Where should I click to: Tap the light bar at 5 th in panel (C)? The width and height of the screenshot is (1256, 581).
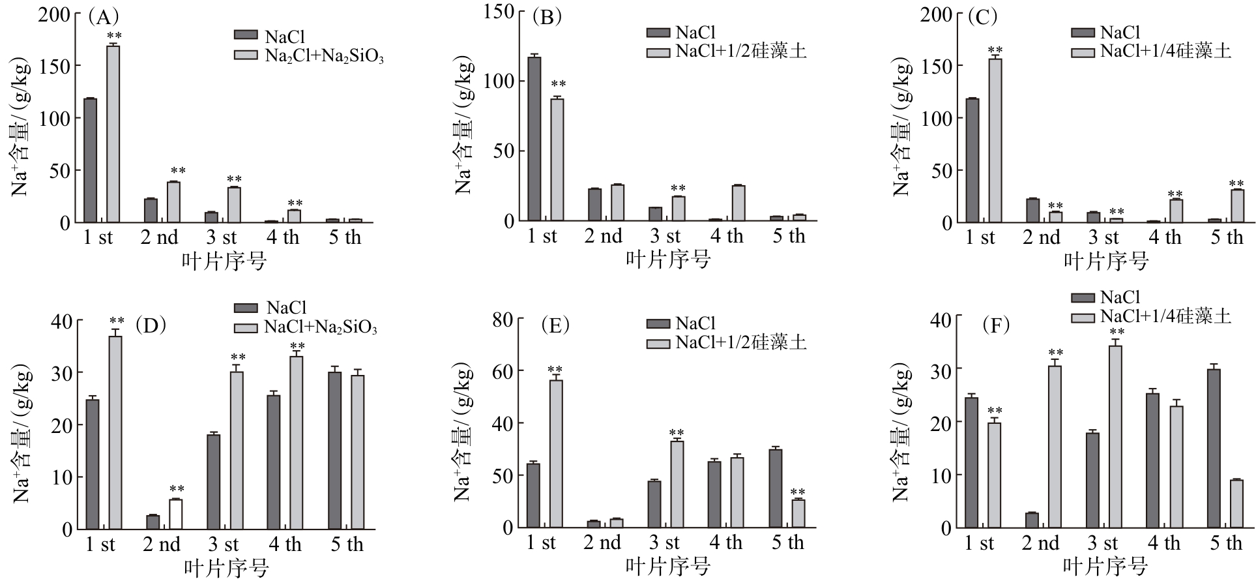click(1236, 206)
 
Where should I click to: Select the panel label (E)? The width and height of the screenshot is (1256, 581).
click(555, 325)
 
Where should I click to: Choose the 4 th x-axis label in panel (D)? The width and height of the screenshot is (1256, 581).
click(285, 544)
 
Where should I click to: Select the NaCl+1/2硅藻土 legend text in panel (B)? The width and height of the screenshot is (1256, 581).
click(741, 51)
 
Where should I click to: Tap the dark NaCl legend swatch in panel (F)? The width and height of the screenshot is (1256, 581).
click(1083, 298)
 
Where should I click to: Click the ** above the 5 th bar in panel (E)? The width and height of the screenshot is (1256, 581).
click(797, 492)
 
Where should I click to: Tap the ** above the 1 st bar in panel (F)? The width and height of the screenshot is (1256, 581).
click(995, 411)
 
